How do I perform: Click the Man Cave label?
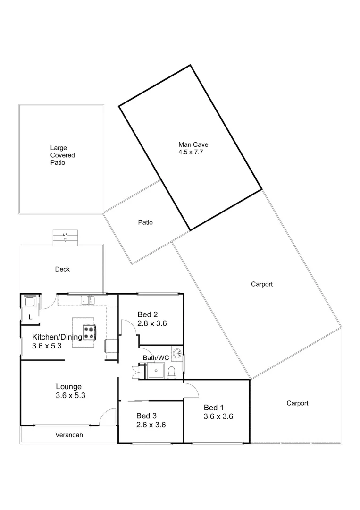193,144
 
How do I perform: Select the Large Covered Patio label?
62,155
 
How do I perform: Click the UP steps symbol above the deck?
65,237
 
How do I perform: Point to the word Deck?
62,269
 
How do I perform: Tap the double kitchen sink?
87,299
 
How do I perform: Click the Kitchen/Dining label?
57,337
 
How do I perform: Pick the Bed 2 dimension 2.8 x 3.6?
152,324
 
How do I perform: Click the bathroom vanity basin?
176,354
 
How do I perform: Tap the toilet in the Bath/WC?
173,372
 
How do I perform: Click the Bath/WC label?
156,358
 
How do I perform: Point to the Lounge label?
69,386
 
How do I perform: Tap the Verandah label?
69,435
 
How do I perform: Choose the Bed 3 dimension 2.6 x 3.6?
151,425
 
